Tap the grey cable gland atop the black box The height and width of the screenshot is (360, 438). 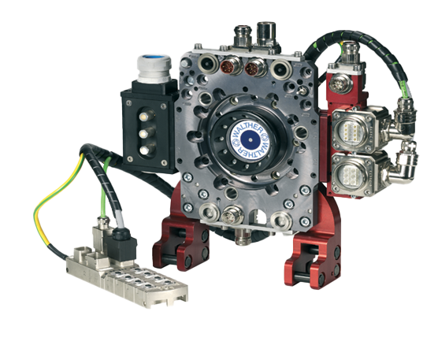(x=154, y=69)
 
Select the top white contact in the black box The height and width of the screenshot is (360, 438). (x=144, y=116)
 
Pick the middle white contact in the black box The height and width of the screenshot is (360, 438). (x=143, y=133)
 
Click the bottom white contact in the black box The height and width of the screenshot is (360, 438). (x=144, y=150)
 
